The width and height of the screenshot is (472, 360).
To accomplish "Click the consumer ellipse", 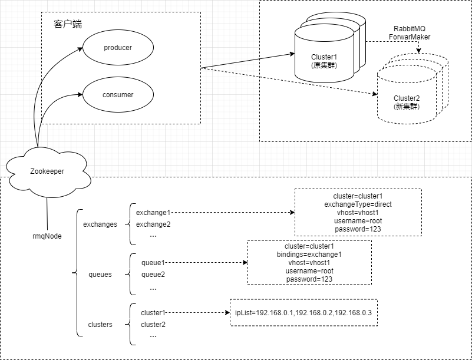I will (118, 94).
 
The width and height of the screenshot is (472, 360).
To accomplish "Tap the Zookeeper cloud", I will (47, 171).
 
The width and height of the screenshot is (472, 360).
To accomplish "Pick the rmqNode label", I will (47, 236).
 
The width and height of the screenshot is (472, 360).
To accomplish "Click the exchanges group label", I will (100, 224).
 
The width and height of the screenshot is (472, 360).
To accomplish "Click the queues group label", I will (100, 275).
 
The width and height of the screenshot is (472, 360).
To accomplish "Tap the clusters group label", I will (100, 324).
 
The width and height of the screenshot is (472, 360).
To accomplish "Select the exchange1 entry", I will (153, 213).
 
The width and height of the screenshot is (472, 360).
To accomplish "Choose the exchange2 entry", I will (153, 224).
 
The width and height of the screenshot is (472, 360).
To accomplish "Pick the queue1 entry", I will (153, 263).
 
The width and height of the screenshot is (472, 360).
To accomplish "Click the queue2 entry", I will (153, 275).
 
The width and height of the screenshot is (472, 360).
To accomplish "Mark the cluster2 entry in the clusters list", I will (153, 324).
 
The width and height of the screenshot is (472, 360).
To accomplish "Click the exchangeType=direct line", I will (358, 204).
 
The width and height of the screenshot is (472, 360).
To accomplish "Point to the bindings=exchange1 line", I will (309, 255).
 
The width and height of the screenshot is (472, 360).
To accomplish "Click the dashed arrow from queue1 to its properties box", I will (206, 263).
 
